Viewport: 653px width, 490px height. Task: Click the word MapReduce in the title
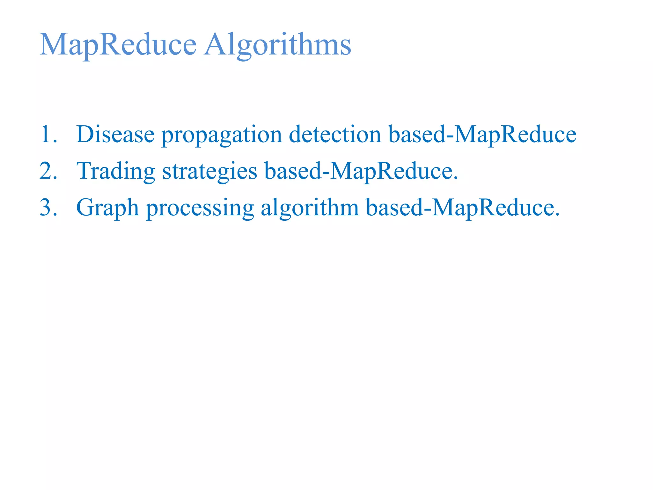point(118,45)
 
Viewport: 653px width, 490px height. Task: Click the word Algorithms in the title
point(278,45)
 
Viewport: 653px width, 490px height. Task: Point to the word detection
point(335,134)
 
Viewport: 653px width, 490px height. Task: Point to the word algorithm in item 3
point(310,208)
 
